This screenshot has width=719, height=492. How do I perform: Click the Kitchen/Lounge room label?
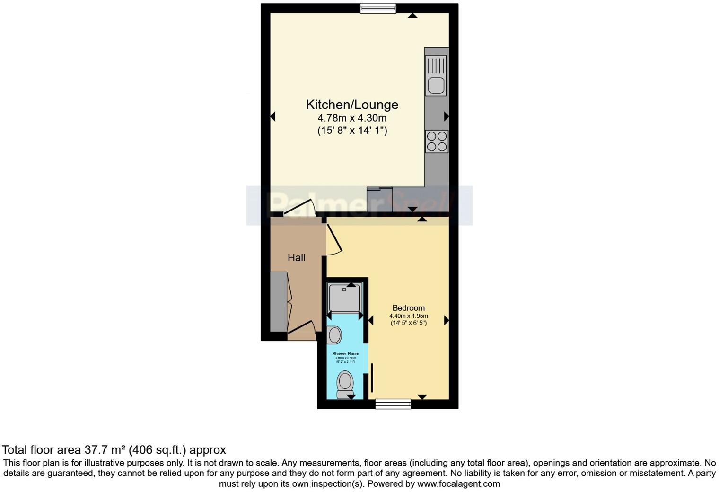click(x=352, y=105)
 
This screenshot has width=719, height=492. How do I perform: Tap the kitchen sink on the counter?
click(x=436, y=76)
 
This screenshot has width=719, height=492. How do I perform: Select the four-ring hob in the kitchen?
click(x=436, y=141)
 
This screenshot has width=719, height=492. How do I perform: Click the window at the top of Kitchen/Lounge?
click(x=377, y=8)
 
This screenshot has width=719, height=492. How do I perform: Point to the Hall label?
click(x=297, y=258)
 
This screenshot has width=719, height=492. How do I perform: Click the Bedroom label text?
click(x=408, y=308)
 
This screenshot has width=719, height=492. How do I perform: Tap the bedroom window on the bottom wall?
click(x=393, y=404)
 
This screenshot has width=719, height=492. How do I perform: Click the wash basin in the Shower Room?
click(x=335, y=335)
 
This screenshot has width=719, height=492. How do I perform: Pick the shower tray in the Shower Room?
click(x=345, y=298)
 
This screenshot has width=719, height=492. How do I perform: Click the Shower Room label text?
click(x=345, y=354)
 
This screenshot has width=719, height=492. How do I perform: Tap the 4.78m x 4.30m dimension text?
click(x=352, y=118)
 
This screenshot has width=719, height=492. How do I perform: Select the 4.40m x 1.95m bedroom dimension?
click(x=408, y=316)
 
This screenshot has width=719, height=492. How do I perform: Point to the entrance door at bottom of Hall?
click(x=302, y=330)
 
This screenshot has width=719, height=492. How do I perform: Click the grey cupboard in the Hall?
click(x=278, y=301)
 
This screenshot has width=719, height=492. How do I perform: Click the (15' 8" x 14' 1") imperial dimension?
click(x=352, y=131)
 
